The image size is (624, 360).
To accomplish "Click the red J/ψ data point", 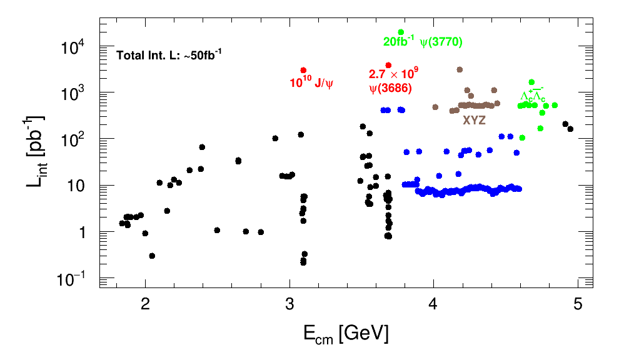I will click(x=303, y=71).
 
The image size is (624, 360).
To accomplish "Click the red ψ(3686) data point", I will click(x=388, y=65).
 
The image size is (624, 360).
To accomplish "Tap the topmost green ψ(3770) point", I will click(x=401, y=32).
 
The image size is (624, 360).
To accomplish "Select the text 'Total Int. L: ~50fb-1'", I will click(x=169, y=55).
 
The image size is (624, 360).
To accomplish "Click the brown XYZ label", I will click(x=474, y=121).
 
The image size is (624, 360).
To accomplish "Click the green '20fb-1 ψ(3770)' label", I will click(x=423, y=42).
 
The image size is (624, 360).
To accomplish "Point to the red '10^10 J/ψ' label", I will click(x=311, y=82).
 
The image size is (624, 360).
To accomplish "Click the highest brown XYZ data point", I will click(x=460, y=69).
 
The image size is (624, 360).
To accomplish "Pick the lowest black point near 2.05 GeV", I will click(x=152, y=256).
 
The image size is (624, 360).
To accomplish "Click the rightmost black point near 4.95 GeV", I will click(x=570, y=129).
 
